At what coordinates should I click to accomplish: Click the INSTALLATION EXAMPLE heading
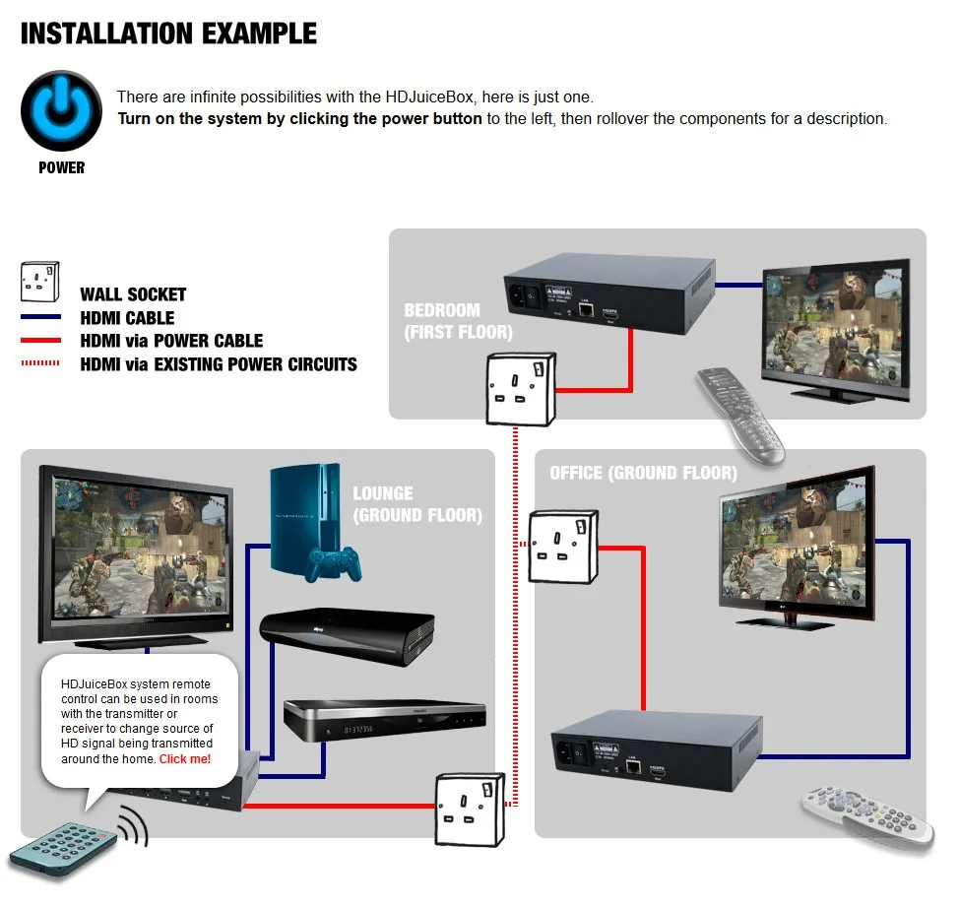[x=168, y=33]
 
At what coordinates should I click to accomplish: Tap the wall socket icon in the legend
[x=40, y=281]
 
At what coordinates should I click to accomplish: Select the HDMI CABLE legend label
[x=127, y=318]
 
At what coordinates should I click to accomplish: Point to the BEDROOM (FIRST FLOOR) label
[x=442, y=321]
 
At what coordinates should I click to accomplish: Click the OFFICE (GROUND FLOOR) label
[x=643, y=474]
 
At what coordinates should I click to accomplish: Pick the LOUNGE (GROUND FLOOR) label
[x=417, y=503]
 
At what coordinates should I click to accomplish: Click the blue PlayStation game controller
[x=332, y=561]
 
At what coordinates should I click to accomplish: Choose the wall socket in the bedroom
[x=520, y=388]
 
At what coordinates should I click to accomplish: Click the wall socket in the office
[x=563, y=547]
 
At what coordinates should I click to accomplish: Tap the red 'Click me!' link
[x=185, y=759]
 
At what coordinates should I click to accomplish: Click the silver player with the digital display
[x=384, y=723]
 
